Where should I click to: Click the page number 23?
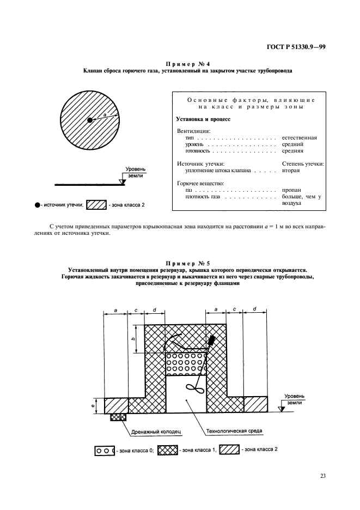tap(322, 475)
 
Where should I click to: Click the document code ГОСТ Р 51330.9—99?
tap(297, 48)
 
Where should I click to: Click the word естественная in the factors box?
tap(300, 138)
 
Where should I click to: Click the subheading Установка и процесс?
tap(204, 118)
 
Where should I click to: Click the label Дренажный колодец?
tap(155, 431)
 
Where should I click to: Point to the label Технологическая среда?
tap(234, 431)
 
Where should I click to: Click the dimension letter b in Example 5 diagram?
tap(133, 339)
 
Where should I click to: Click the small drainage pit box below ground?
tap(118, 417)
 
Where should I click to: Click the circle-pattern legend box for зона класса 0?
tap(104, 451)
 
